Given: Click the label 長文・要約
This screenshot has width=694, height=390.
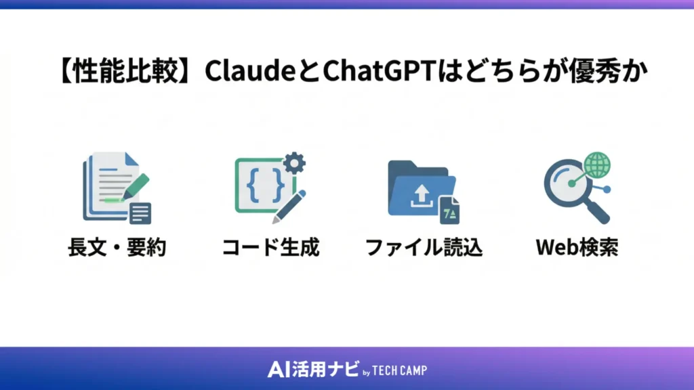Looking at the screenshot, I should point(117,248).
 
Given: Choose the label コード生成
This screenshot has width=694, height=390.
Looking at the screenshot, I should point(270,248).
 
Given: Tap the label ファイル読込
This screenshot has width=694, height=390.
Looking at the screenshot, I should point(424,248).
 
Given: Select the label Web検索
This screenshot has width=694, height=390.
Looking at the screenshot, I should point(577,248).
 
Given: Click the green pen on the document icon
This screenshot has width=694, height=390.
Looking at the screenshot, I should point(135,186).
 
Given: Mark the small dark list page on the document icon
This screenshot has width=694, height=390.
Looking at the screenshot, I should point(140,213).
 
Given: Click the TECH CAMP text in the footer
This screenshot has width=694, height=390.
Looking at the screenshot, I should point(400,370).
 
